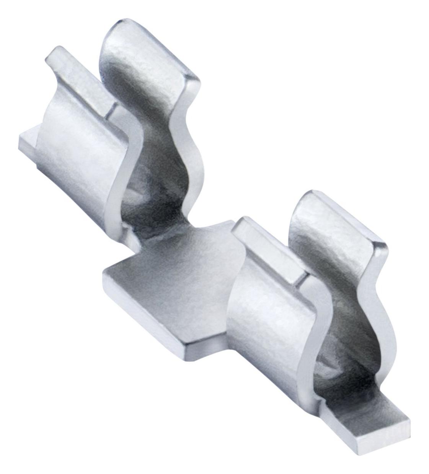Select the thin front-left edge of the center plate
[145, 314]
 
